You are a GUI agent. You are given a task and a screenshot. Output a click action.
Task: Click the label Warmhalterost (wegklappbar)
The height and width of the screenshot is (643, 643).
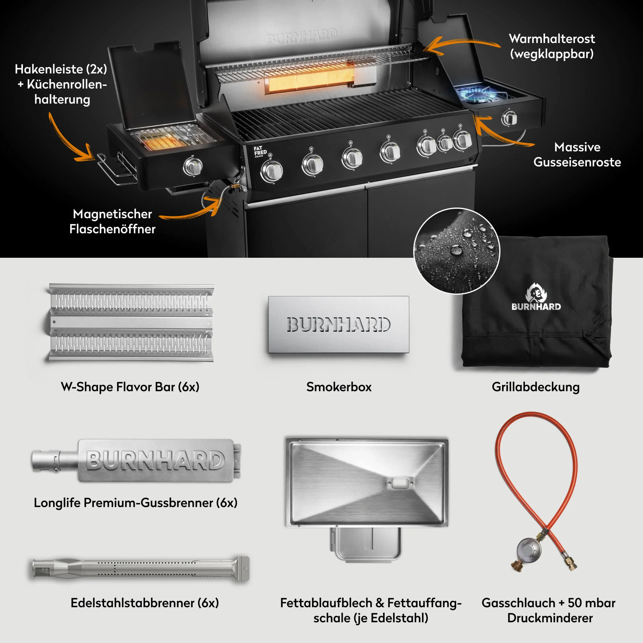(x=552, y=46)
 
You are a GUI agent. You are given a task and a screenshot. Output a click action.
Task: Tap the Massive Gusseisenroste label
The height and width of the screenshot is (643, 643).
(x=577, y=154)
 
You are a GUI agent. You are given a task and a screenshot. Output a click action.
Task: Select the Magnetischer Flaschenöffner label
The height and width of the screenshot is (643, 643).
(x=112, y=221)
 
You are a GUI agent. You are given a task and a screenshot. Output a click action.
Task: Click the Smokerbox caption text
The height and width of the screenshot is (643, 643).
(x=339, y=387)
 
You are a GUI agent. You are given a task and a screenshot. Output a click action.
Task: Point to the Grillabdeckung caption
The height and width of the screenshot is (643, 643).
(x=536, y=387)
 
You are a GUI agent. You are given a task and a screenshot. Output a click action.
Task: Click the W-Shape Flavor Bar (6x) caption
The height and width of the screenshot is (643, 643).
(x=130, y=387)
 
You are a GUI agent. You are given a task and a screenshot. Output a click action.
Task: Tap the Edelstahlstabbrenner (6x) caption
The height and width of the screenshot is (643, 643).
(x=145, y=603)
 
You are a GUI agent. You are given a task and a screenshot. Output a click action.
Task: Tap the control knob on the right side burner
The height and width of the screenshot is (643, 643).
(x=509, y=118)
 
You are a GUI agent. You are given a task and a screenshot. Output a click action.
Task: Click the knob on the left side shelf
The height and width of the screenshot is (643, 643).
(x=193, y=166)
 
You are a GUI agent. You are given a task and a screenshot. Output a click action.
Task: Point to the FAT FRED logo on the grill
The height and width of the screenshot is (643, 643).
(x=260, y=151)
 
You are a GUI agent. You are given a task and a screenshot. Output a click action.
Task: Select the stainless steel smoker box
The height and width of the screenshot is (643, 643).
(x=339, y=325)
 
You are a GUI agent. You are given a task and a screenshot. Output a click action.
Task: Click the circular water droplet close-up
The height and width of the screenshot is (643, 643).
(x=457, y=251)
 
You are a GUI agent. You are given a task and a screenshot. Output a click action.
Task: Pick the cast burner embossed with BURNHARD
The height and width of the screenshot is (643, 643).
(x=137, y=460)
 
